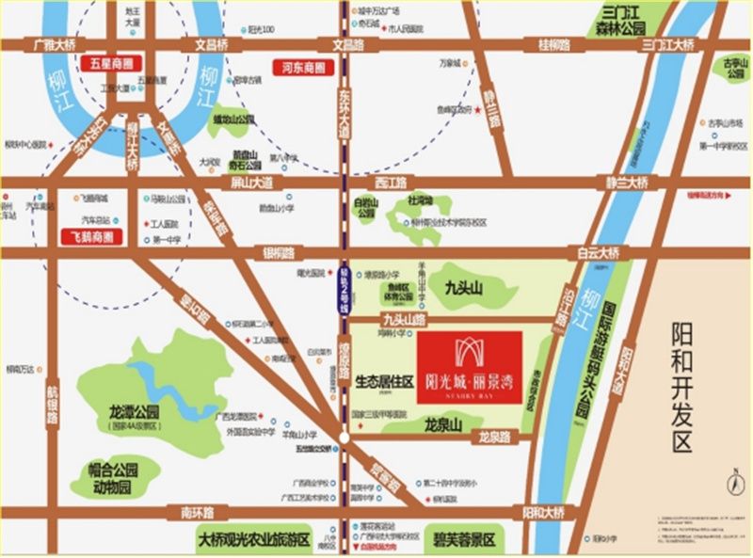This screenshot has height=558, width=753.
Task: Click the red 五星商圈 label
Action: point(111,65)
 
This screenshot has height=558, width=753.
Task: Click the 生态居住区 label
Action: point(385,383)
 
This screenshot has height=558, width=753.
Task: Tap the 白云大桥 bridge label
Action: point(600,253)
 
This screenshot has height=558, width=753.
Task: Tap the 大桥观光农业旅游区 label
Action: point(260,540)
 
